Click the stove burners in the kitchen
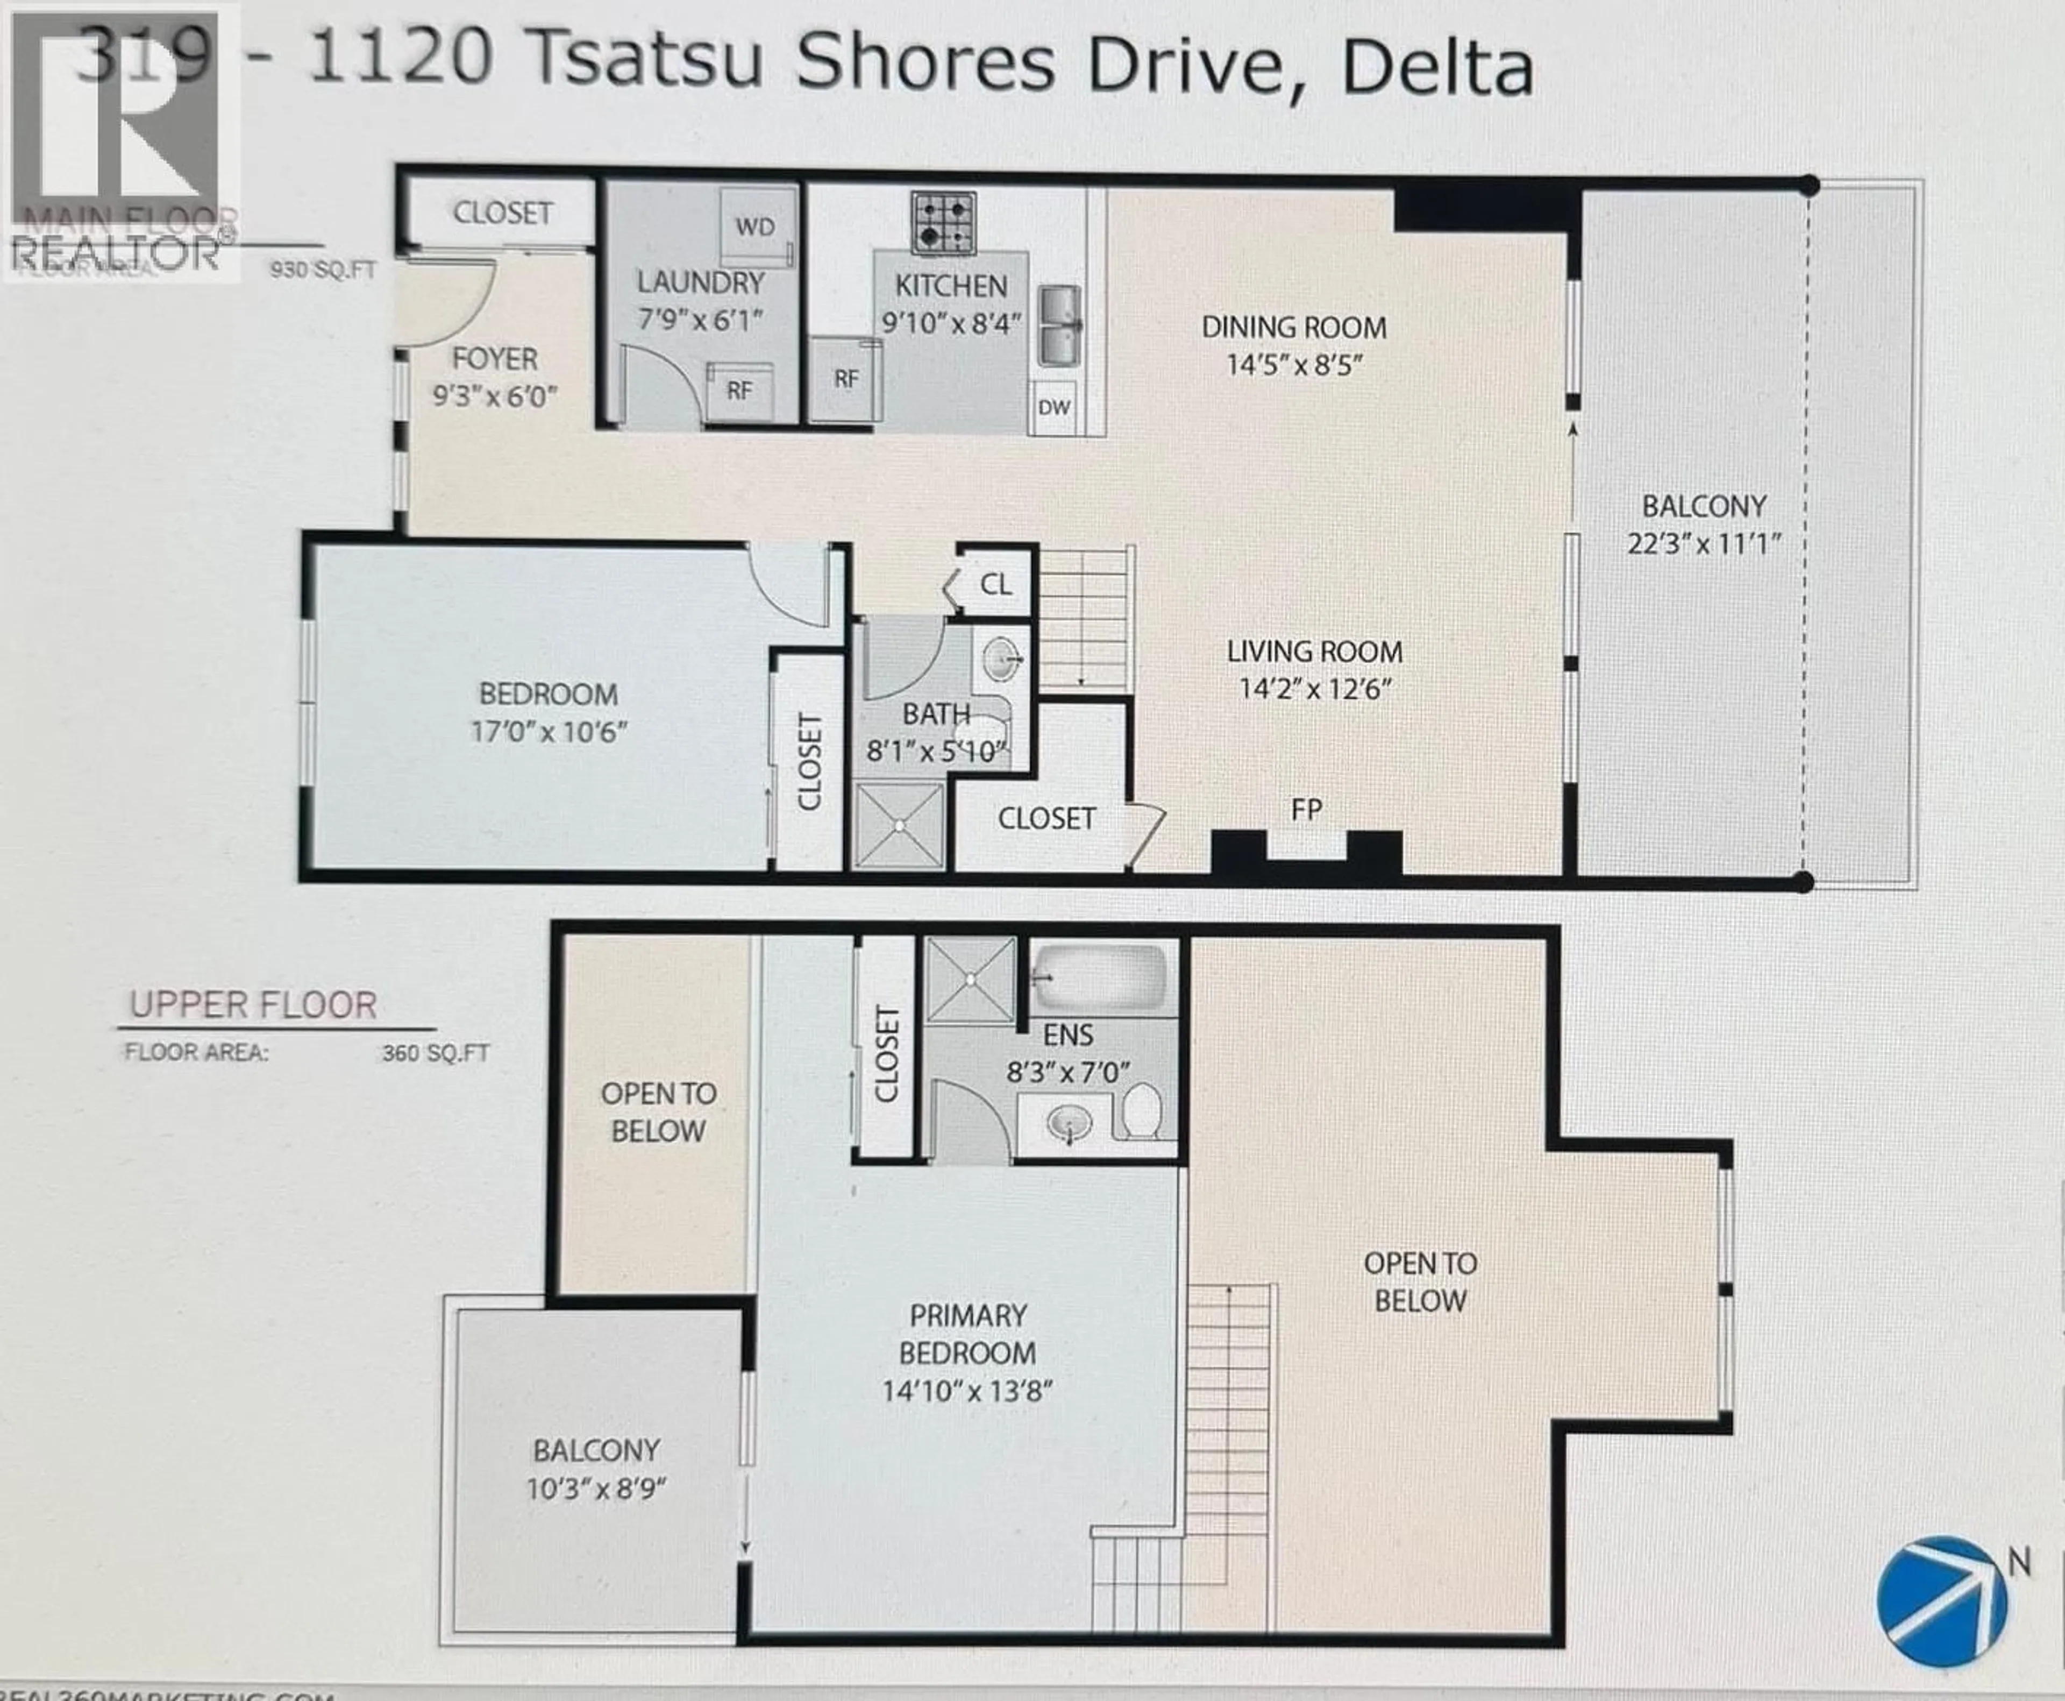click(x=943, y=222)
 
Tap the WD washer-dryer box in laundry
click(x=755, y=226)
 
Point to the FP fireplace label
click(x=1306, y=809)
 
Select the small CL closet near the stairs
click(x=995, y=585)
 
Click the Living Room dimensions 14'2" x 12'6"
click(x=1315, y=689)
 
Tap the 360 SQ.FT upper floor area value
click(x=435, y=1053)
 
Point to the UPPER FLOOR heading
click(x=253, y=1005)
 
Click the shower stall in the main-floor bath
click(x=898, y=825)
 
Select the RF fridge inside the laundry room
click(x=739, y=390)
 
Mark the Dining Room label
click(x=1294, y=327)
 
